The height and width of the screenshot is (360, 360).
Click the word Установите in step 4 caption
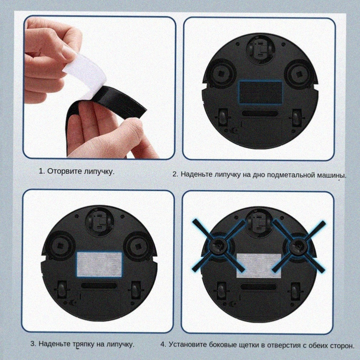point(187,345)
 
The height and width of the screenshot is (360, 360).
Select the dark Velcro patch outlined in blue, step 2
point(260,92)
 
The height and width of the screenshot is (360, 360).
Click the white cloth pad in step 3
point(99,264)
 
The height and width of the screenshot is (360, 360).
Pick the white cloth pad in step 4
point(259,266)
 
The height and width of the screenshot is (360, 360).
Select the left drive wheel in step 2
point(222,117)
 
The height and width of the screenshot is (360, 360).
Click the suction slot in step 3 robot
point(99,285)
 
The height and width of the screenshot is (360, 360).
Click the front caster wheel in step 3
point(99,221)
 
